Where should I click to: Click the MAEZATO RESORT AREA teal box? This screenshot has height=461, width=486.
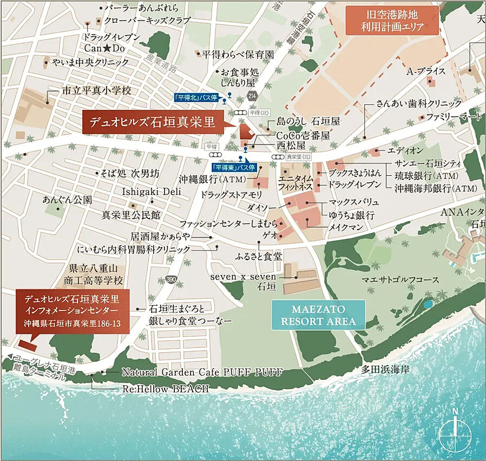(x=317, y=315)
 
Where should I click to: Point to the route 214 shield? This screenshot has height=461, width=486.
(x=252, y=96)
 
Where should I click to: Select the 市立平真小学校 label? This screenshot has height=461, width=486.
(x=96, y=91)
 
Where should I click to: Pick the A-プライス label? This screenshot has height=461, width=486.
(x=426, y=71)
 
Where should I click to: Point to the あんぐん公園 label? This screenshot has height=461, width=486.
(x=68, y=199)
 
